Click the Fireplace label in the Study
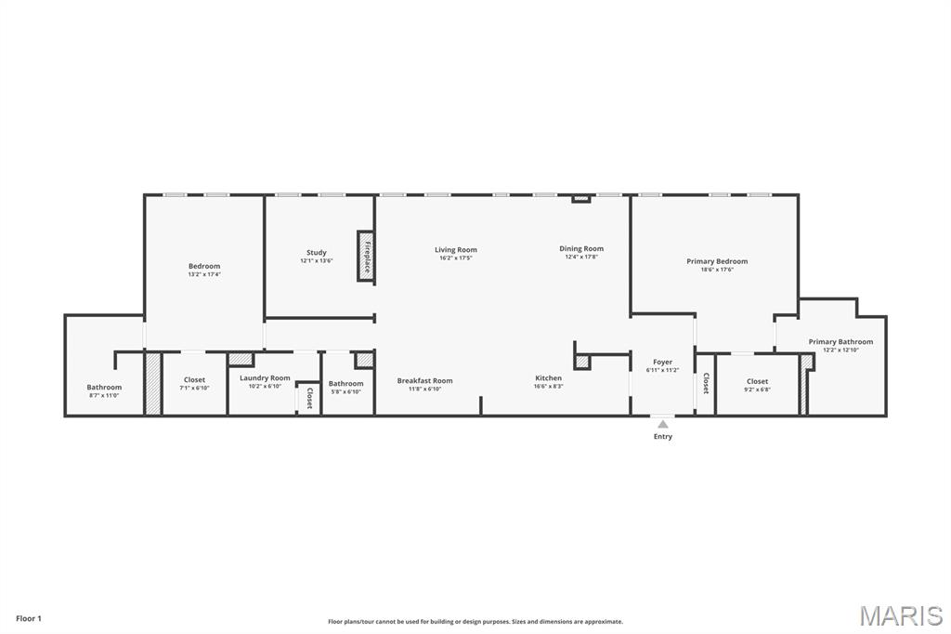(367, 256)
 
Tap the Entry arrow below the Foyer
(662, 425)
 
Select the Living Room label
(456, 249)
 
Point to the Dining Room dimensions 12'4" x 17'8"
(581, 258)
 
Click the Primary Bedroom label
(717, 261)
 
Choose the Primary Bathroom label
(840, 341)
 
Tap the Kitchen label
(548, 378)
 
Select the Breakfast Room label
(424, 380)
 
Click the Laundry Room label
(265, 377)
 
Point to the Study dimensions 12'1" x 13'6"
(317, 261)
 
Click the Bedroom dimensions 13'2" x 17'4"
(204, 274)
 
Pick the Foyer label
(662, 362)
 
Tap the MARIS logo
(901, 615)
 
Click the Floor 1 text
(29, 618)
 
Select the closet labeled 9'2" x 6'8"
(757, 385)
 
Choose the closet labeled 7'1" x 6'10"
(194, 383)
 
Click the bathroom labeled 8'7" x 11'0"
(104, 390)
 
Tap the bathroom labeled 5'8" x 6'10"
(345, 387)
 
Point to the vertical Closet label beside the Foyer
(705, 383)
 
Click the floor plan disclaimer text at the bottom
(475, 622)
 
